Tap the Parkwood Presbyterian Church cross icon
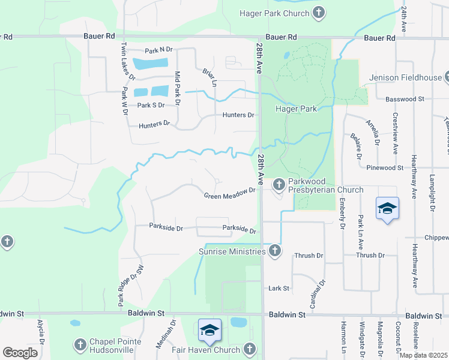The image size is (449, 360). pos(279,184)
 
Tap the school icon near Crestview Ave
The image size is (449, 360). pos(387,209)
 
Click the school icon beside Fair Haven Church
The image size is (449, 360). pos(209,329)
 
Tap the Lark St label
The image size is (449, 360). pos(279,288)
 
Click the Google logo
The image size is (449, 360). pos(20,353)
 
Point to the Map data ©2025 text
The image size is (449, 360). pos(423,355)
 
